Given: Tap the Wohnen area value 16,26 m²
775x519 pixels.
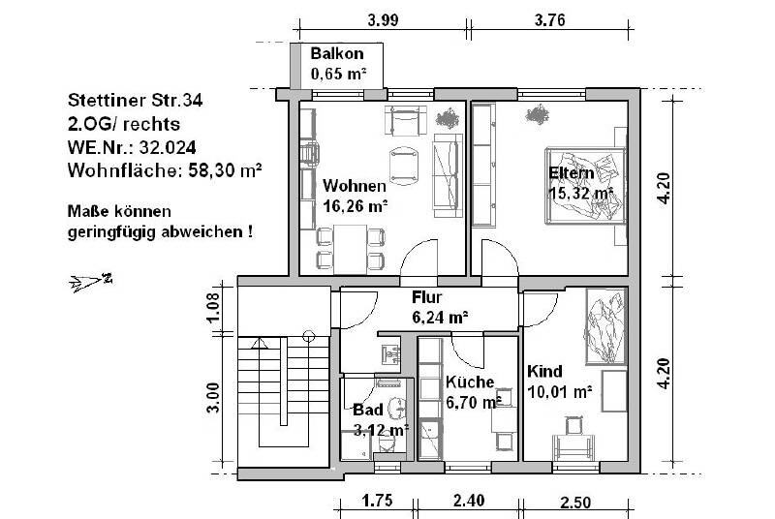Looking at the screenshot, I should [x=356, y=205].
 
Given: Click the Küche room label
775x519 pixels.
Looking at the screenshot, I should [x=471, y=382].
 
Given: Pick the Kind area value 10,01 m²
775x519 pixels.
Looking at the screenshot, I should [x=559, y=392].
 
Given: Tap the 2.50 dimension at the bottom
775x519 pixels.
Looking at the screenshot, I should [x=575, y=502].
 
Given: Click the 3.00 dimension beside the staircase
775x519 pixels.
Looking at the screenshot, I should [x=215, y=397].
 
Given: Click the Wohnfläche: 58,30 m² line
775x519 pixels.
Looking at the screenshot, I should [x=166, y=170].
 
